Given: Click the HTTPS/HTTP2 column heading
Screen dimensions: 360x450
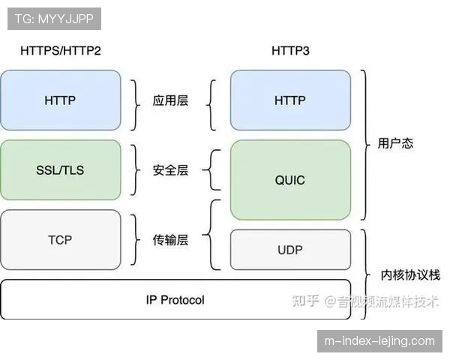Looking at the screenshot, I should click(x=61, y=50).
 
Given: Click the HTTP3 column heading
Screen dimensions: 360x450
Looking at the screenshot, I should click(x=290, y=50).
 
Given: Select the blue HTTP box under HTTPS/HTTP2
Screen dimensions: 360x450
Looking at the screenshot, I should click(x=61, y=100).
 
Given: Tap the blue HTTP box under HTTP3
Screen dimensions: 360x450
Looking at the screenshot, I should click(x=290, y=100).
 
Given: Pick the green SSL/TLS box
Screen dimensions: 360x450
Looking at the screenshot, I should click(x=61, y=170).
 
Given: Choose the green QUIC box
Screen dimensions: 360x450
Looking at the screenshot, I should click(x=290, y=180).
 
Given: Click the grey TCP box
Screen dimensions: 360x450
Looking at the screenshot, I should click(x=61, y=240).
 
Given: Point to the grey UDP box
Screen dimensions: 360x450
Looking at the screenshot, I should click(x=290, y=249).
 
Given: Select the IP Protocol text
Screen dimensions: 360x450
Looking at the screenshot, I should click(x=175, y=300).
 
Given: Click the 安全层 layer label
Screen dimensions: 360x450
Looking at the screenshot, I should click(x=170, y=170).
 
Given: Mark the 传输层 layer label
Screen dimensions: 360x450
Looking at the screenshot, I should click(x=170, y=240).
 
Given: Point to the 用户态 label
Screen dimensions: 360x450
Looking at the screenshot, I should click(x=394, y=142).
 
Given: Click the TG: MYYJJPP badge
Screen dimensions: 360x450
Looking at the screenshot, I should click(x=53, y=18).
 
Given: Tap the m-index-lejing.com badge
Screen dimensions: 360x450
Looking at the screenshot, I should click(x=379, y=341).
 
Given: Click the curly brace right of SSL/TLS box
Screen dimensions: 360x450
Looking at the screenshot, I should click(x=136, y=170).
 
